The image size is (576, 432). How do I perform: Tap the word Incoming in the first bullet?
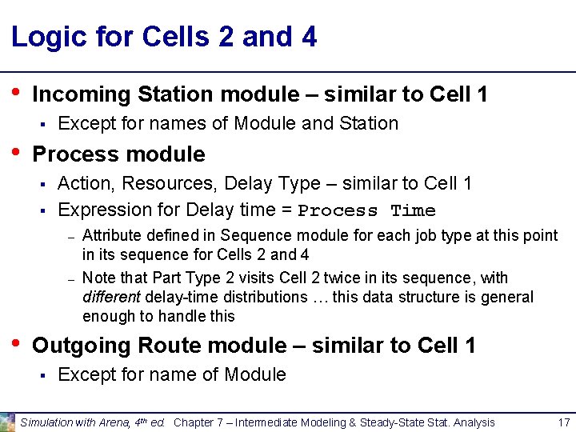click(x=81, y=94)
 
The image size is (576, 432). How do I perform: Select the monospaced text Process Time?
click(x=366, y=211)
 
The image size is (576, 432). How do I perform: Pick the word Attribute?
click(x=108, y=235)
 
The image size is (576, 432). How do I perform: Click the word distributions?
click(x=262, y=297)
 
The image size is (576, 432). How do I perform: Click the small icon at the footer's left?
click(x=8, y=422)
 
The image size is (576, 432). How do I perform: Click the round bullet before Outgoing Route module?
click(x=16, y=342)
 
